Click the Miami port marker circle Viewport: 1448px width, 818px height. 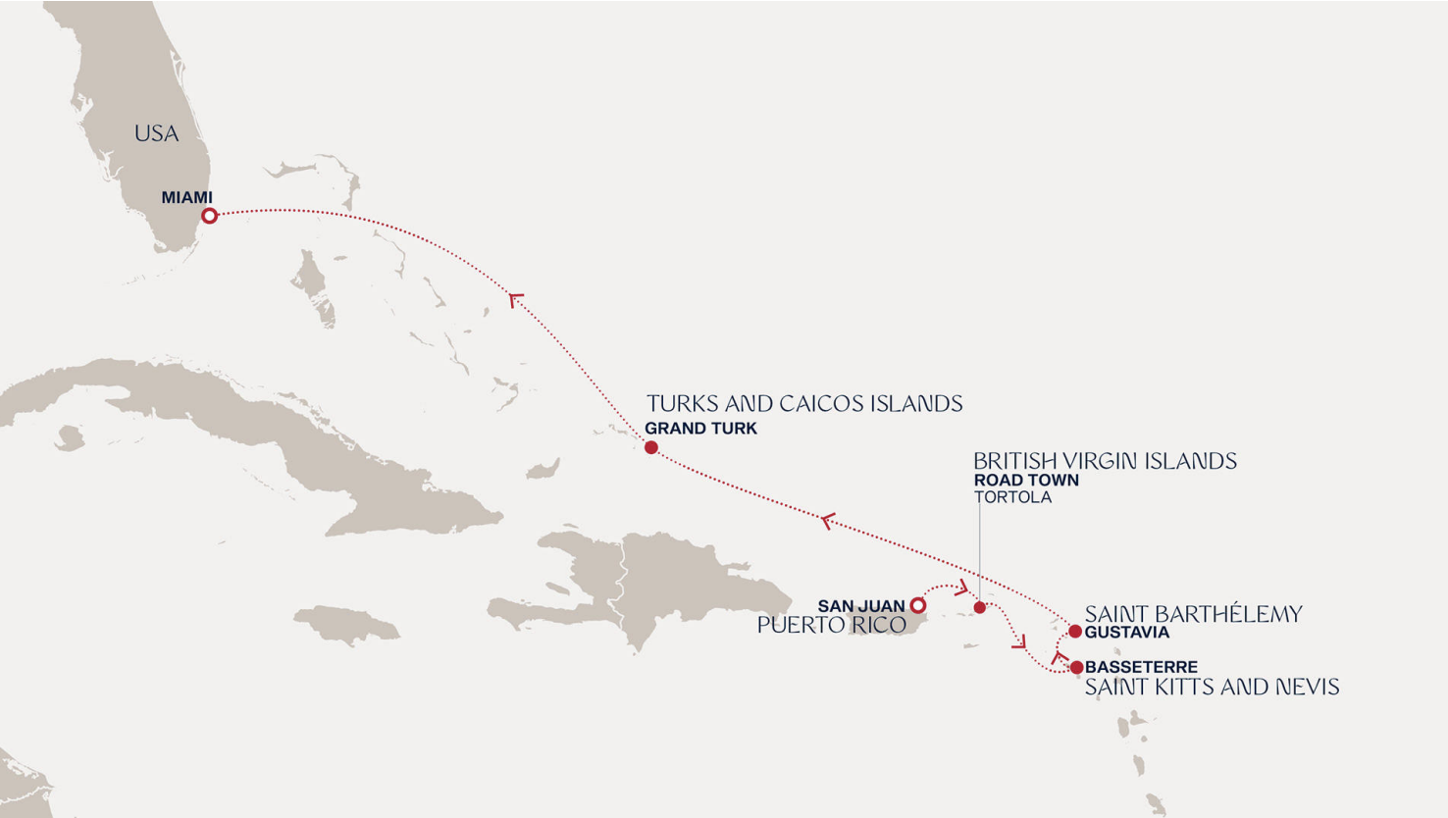coord(209,216)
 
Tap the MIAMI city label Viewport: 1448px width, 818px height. coord(186,197)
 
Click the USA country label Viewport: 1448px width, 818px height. coord(156,133)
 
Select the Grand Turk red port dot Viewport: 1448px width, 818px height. coord(650,447)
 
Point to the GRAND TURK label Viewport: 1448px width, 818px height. coord(700,429)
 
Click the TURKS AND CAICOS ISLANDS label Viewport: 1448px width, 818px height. coord(804,404)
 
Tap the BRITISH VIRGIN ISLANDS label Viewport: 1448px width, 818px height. coord(1105,461)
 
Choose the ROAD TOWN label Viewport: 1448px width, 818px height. coord(1026,481)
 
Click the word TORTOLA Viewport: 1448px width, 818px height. coord(1012,497)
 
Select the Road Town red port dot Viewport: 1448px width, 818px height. coord(979,608)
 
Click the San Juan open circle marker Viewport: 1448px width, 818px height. coord(917,605)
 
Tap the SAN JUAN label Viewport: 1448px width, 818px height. coord(860,606)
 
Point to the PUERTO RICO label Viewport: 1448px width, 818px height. coord(831,625)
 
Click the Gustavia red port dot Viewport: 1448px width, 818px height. coord(1075,632)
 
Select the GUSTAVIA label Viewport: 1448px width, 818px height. coord(1126,633)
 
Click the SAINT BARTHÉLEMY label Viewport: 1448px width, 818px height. coord(1193,614)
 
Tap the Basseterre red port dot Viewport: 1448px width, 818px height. coord(1076,668)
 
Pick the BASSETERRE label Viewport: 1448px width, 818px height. coord(1141,667)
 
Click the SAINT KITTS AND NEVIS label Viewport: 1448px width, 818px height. coord(1212,687)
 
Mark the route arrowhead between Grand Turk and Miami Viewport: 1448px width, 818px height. coord(515,299)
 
